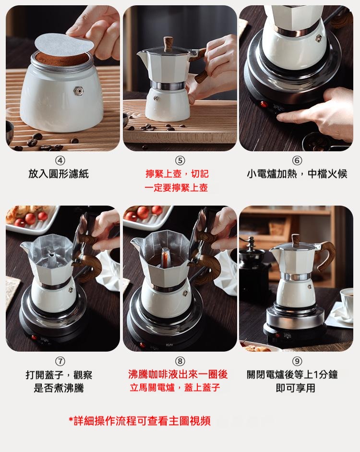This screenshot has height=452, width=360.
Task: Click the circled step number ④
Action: (x=60, y=160)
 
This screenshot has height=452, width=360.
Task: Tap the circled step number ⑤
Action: (x=180, y=160)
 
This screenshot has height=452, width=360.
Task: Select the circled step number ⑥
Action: (x=297, y=160)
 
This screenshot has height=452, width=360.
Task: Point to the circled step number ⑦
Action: (x=60, y=361)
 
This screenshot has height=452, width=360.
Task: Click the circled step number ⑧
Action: (x=180, y=361)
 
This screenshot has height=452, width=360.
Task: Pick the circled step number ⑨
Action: (x=297, y=361)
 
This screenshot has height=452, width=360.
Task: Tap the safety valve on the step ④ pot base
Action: (x=79, y=91)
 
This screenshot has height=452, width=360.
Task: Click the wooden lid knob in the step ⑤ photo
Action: (x=168, y=44)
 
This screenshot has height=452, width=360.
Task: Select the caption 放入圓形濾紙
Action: (x=59, y=174)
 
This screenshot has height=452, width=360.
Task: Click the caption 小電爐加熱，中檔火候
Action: (x=297, y=174)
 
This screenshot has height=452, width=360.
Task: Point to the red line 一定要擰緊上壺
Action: (x=176, y=188)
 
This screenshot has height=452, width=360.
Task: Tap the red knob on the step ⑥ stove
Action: (x=263, y=104)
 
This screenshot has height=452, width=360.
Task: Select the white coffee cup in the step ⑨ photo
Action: (x=347, y=304)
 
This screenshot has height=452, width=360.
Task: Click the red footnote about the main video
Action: (x=140, y=421)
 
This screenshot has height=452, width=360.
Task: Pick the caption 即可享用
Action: (x=296, y=388)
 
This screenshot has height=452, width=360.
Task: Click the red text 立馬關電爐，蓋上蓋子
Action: (x=175, y=388)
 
